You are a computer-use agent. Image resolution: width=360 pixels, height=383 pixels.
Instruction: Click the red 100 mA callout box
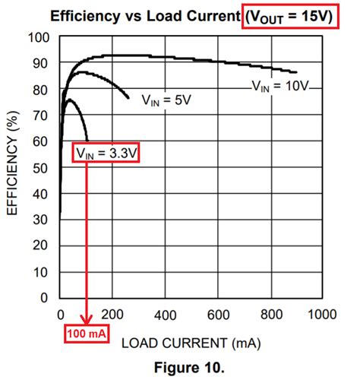[85, 333]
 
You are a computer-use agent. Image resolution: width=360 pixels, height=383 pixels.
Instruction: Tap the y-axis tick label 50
[43, 167]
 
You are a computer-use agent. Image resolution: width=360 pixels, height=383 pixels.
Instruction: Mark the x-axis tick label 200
[112, 315]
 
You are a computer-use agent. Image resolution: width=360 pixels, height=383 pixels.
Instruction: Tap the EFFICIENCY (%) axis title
[14, 167]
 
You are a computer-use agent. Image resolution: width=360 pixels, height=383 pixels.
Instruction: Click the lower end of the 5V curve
[128, 98]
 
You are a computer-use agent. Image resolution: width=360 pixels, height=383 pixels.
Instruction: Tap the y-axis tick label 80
[43, 90]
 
